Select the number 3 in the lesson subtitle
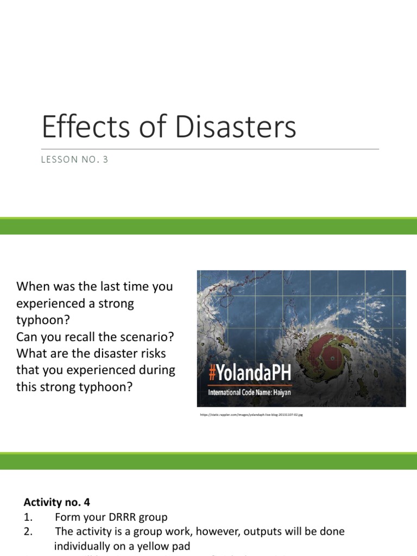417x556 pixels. point(105,160)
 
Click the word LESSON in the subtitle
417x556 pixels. point(58,160)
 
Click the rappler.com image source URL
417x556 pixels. point(251,415)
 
